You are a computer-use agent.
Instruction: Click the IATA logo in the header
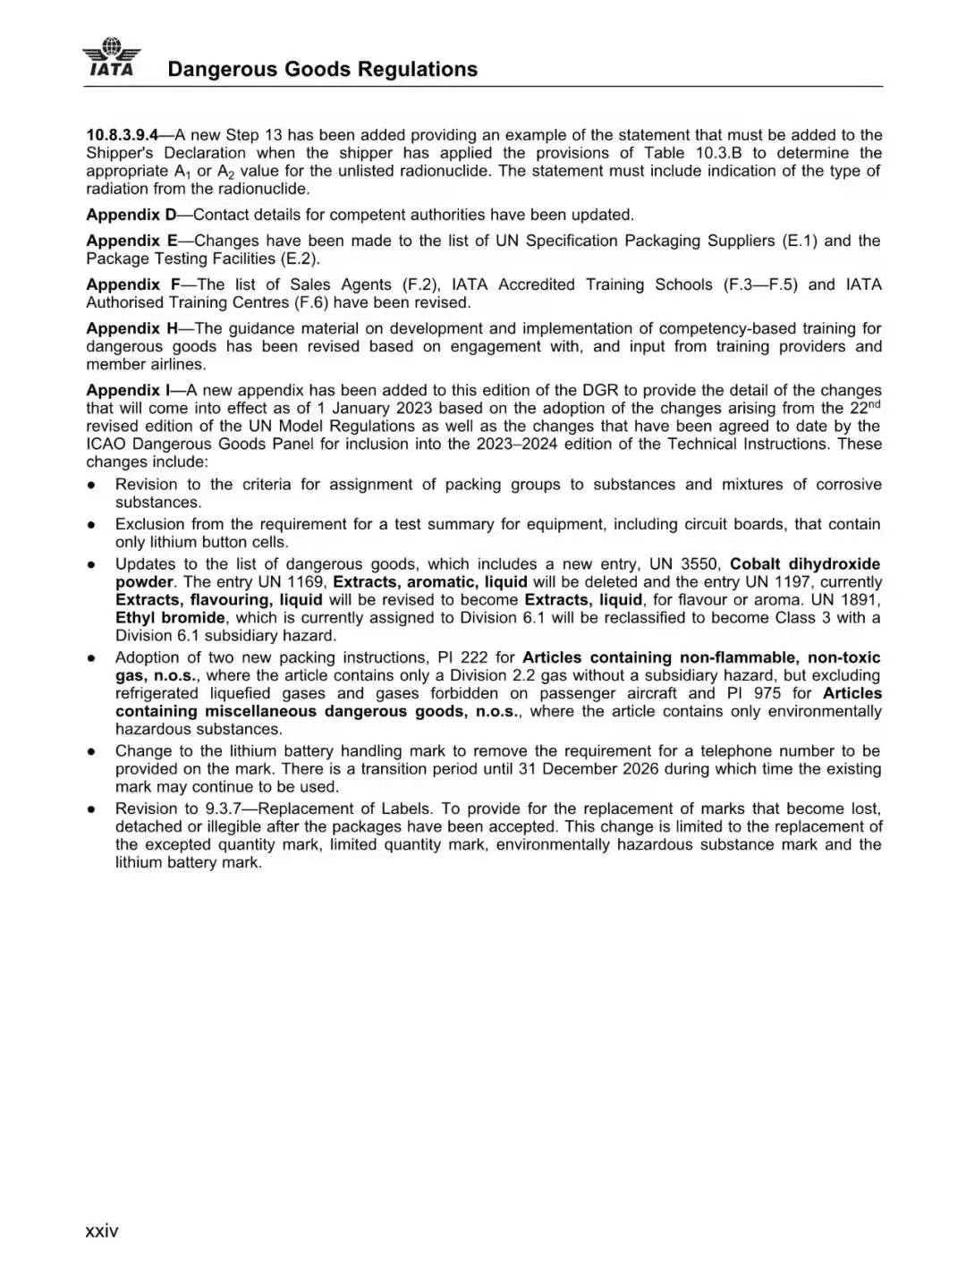pyautogui.click(x=112, y=58)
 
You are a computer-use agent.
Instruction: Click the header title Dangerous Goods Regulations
pyautogui.click(x=322, y=70)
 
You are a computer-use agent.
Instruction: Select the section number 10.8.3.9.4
pyautogui.click(x=123, y=135)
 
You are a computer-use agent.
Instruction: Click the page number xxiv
pyautogui.click(x=101, y=1231)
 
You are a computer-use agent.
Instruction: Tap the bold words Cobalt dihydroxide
pyautogui.click(x=805, y=564)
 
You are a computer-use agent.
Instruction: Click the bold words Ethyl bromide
pyautogui.click(x=170, y=618)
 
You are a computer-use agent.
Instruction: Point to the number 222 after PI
pyautogui.click(x=474, y=657)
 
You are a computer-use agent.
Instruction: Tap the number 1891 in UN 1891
pyautogui.click(x=860, y=600)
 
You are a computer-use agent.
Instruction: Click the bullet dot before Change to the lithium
pyautogui.click(x=92, y=752)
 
